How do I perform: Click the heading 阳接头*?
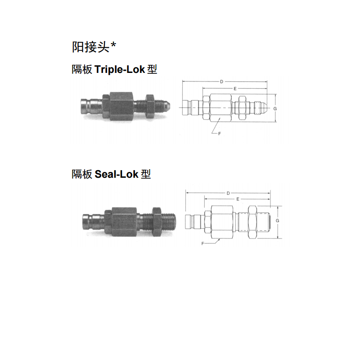(94, 47)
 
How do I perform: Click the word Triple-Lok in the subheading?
(120, 69)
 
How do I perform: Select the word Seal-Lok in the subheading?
(117, 174)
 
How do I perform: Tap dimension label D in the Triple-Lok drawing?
(221, 81)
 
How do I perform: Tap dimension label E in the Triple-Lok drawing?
(235, 89)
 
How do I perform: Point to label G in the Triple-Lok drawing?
(275, 108)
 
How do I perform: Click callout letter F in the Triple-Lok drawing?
(220, 134)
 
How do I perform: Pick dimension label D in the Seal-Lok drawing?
(228, 193)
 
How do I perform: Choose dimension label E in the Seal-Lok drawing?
(238, 199)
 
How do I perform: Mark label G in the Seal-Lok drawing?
(277, 220)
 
